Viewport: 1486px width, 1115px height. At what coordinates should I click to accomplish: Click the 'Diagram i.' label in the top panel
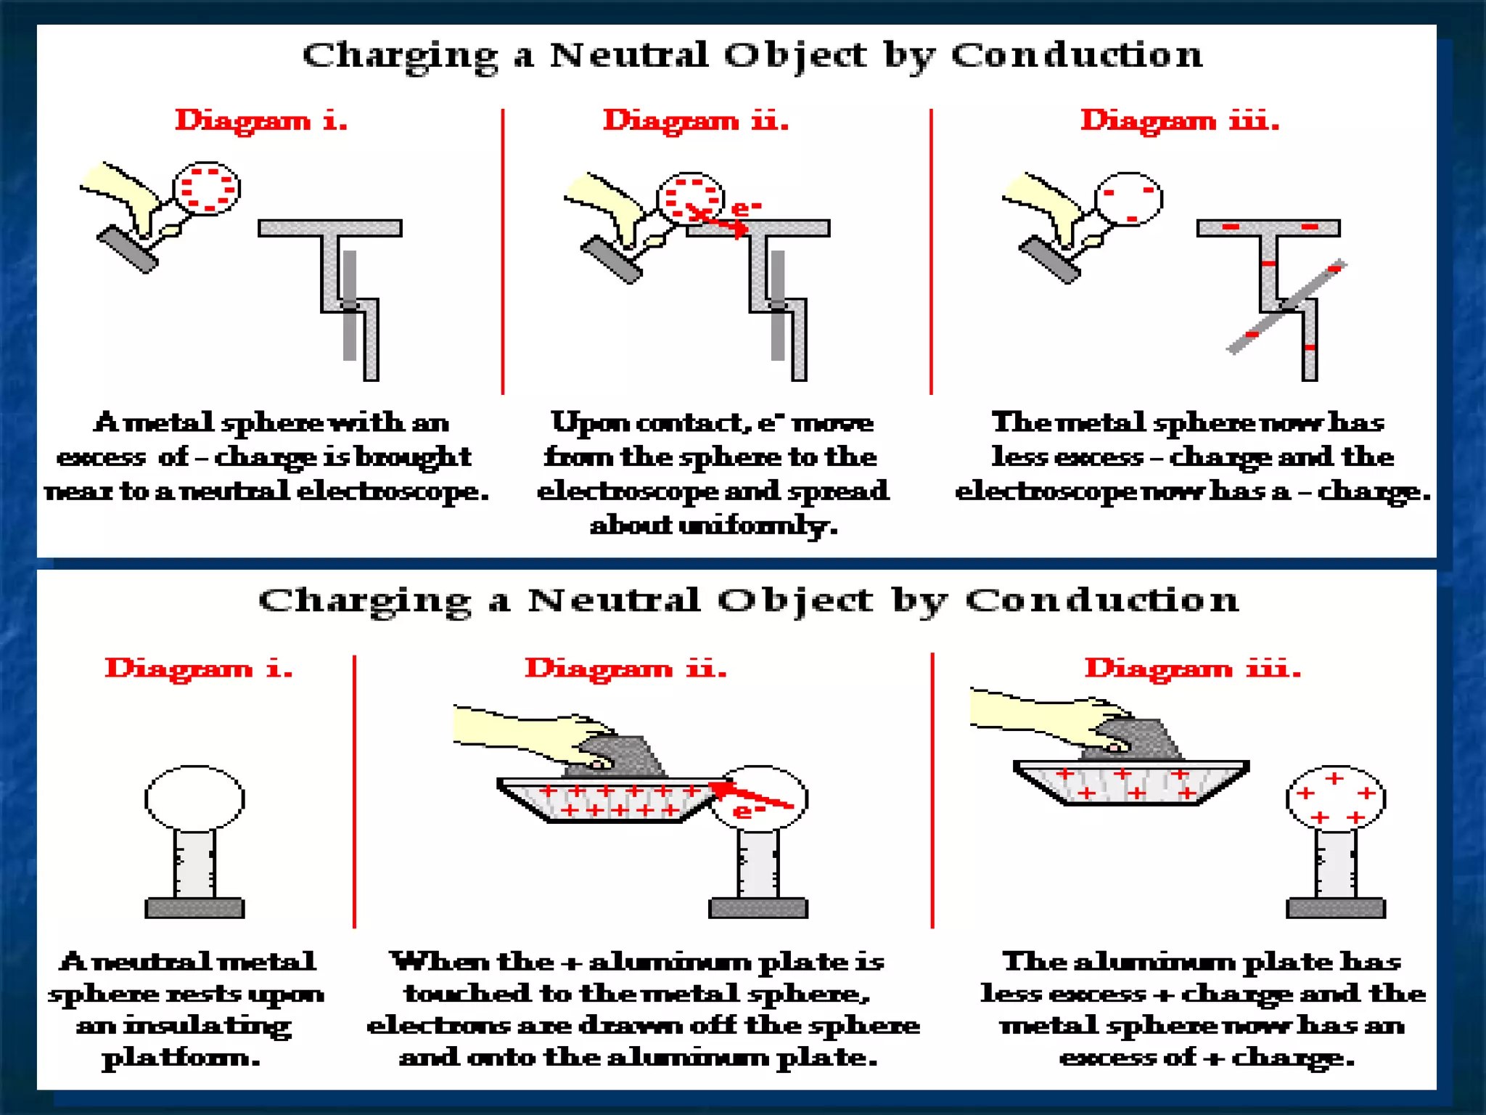pos(261,121)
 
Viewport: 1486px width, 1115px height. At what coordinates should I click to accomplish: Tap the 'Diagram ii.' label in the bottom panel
pos(625,669)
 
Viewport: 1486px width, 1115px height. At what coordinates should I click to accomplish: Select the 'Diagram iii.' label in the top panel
pos(1180,121)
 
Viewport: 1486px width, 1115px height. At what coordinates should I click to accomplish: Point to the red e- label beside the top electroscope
pos(746,209)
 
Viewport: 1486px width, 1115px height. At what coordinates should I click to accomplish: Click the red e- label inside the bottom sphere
pos(748,811)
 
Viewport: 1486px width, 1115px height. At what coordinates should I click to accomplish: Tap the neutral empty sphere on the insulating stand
pos(194,799)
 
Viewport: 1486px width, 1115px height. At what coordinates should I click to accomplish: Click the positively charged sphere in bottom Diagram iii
pos(1336,799)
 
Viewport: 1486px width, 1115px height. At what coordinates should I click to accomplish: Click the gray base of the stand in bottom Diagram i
pos(194,908)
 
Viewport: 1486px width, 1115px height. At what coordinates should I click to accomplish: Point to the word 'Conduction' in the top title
pos(1077,55)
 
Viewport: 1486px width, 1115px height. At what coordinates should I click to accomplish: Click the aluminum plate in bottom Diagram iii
pos(1130,783)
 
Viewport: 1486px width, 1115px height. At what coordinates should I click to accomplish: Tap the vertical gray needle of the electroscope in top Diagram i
pos(350,305)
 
